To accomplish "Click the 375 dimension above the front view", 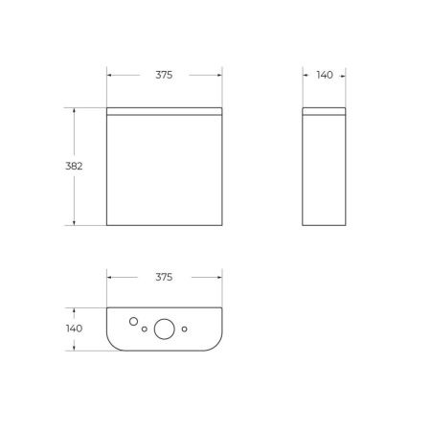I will coord(163,75).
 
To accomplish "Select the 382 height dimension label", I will coord(74,166).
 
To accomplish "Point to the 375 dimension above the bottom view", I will coord(163,278).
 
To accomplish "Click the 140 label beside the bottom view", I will coord(74,328).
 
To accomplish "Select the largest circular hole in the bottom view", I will coord(165,329).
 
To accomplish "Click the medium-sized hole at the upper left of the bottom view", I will coord(134,320).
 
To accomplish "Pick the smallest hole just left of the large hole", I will coord(145,329).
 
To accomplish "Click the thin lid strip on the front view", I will coord(163,110).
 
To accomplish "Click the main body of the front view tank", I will coord(163,170).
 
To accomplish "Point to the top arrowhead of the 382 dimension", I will coord(74,109).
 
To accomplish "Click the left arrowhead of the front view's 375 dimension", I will coord(109,75).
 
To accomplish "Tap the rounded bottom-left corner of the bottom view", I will coord(111,343).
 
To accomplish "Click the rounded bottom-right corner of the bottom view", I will coord(216,343).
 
